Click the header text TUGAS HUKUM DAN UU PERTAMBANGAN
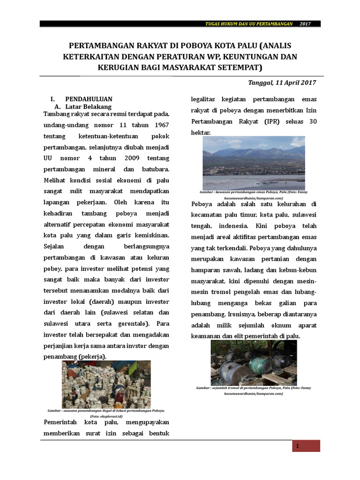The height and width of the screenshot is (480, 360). point(249,24)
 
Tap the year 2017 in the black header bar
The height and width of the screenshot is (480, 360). point(305,24)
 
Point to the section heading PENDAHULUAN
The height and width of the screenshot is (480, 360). point(89,99)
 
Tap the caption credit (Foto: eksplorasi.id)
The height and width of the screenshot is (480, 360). point(106,416)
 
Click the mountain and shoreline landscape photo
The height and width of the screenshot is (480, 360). point(254,163)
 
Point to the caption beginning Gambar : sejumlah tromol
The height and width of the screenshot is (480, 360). point(253,388)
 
